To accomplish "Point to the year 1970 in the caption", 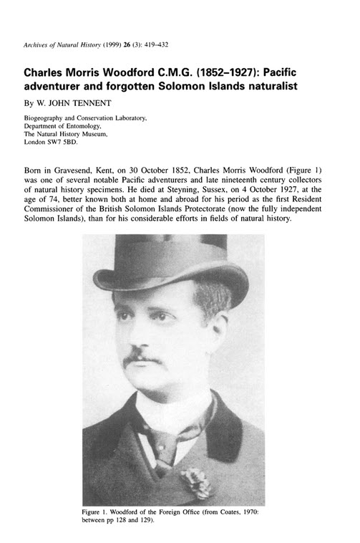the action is point(257,514).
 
